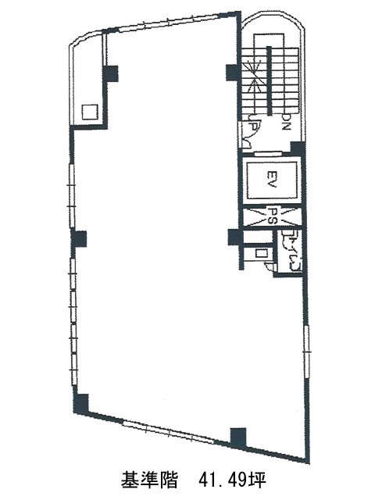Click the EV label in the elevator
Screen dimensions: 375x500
coord(271,180)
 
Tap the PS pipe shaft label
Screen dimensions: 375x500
coord(271,216)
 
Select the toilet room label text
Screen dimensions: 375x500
coord(290,252)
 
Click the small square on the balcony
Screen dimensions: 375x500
coord(89,112)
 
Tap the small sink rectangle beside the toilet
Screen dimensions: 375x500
coord(261,253)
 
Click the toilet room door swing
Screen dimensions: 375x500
coord(270,266)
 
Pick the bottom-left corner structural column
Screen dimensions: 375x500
coord(81,404)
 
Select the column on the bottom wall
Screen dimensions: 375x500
coord(238,437)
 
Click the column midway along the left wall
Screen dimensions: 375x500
coord(78,238)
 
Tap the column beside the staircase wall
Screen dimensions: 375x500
coord(233,73)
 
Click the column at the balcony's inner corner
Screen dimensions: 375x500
coord(111,73)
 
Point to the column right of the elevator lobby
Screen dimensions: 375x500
coord(298,149)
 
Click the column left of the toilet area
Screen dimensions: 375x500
coord(236,237)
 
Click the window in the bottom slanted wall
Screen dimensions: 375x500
coord(169,433)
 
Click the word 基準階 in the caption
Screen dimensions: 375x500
coord(149,480)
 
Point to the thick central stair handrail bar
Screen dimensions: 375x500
coord(270,80)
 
